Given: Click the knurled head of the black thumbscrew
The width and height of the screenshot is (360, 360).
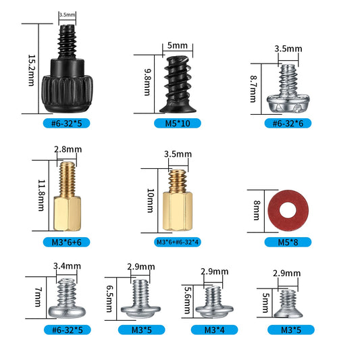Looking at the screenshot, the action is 68,94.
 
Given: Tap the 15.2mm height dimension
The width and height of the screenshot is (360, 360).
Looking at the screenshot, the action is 32,70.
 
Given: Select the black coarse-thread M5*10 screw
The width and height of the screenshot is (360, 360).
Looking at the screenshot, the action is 178,84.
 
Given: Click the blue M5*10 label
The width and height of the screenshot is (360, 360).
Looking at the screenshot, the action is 178,124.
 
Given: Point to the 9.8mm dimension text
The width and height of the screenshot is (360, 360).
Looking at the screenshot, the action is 147,82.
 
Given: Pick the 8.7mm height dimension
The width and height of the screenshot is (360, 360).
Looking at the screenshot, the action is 253,89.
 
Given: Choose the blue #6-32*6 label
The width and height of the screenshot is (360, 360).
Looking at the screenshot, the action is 288,124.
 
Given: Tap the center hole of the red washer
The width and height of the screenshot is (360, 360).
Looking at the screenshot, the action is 288,211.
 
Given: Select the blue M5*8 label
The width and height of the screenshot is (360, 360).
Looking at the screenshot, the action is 288,242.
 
